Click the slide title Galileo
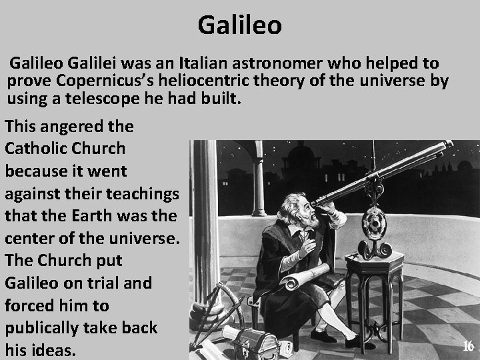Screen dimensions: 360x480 pos(240,25)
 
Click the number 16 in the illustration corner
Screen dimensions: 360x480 pos(468,346)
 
